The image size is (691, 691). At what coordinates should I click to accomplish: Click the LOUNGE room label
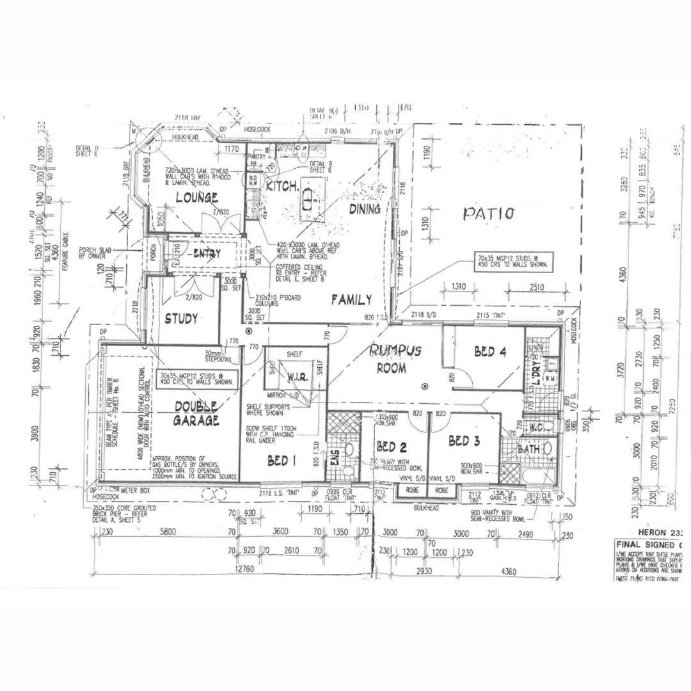198,198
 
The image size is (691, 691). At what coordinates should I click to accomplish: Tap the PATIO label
488,213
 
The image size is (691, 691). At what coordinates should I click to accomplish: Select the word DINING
364,209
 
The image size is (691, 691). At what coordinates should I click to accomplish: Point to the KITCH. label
282,187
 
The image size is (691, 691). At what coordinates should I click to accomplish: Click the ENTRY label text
206,254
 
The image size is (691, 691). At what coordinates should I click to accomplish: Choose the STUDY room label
181,319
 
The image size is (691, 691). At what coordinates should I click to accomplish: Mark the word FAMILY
351,299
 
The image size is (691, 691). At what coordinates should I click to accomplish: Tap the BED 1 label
282,460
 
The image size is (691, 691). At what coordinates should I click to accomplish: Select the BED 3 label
464,441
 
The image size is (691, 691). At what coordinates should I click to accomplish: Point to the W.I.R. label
298,377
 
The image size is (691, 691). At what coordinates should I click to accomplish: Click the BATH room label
529,450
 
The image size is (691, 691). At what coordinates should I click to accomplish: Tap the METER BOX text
135,489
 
